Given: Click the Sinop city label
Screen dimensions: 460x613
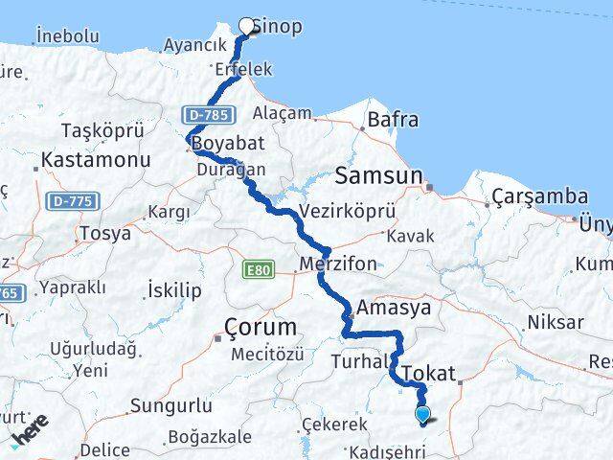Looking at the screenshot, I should tap(283, 26).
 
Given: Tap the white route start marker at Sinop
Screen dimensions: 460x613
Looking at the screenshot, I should tap(247, 27).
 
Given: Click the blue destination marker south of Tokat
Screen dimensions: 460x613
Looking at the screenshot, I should tap(423, 415).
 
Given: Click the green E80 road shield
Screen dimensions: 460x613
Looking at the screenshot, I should tap(258, 269).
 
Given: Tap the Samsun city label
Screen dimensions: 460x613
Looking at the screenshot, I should tap(379, 176).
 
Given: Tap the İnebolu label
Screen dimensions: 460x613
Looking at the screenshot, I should tap(67, 35).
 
